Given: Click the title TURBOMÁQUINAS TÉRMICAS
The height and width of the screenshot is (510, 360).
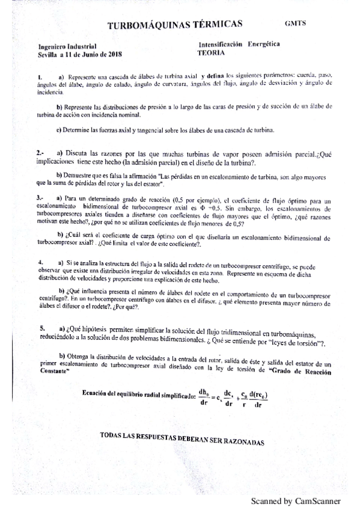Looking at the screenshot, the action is coord(174,24).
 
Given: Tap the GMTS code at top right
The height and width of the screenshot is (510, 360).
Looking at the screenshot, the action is coord(295,23).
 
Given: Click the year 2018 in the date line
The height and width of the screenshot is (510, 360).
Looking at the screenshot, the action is coord(114,54).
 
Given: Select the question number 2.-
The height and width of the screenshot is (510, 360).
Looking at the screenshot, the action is coord(41,155).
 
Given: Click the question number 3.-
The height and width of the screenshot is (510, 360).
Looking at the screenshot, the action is coord(40,198).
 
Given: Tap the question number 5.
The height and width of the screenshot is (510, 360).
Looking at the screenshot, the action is coord(42,328).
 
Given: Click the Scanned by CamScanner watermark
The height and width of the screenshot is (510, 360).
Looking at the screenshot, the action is coord(295,500).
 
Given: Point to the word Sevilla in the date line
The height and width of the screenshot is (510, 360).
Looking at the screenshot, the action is coord(47,54).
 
